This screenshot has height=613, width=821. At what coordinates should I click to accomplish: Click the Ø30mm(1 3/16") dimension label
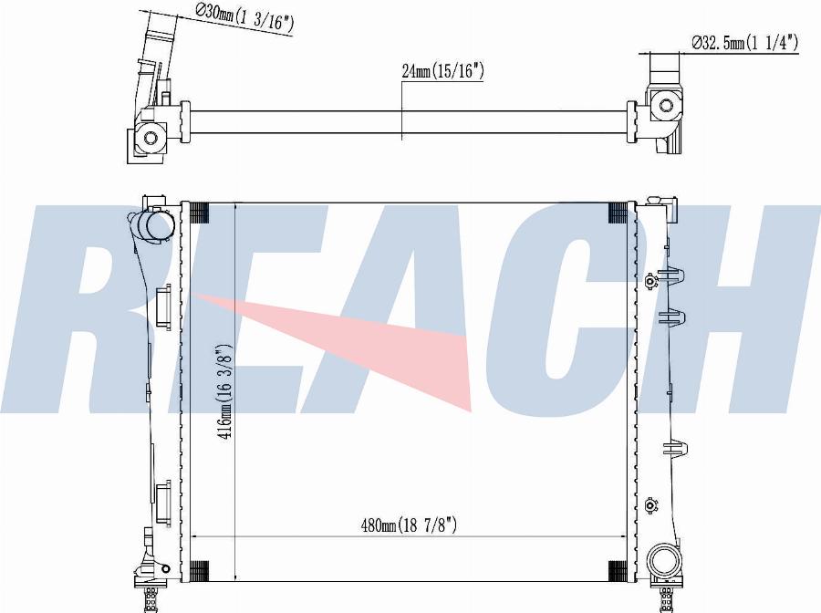(244, 19)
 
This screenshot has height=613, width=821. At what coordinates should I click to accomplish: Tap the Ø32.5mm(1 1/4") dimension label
(744, 42)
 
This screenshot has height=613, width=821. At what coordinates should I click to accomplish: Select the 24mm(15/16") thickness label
(442, 70)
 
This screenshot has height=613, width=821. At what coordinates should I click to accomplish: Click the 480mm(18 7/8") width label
(409, 525)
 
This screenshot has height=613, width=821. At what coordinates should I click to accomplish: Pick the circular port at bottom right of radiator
(665, 563)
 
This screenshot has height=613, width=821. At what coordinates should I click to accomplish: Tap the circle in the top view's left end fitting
(151, 139)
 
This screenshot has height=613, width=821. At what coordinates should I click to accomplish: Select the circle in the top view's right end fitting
(666, 105)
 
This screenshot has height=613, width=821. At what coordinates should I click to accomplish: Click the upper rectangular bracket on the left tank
(163, 306)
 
